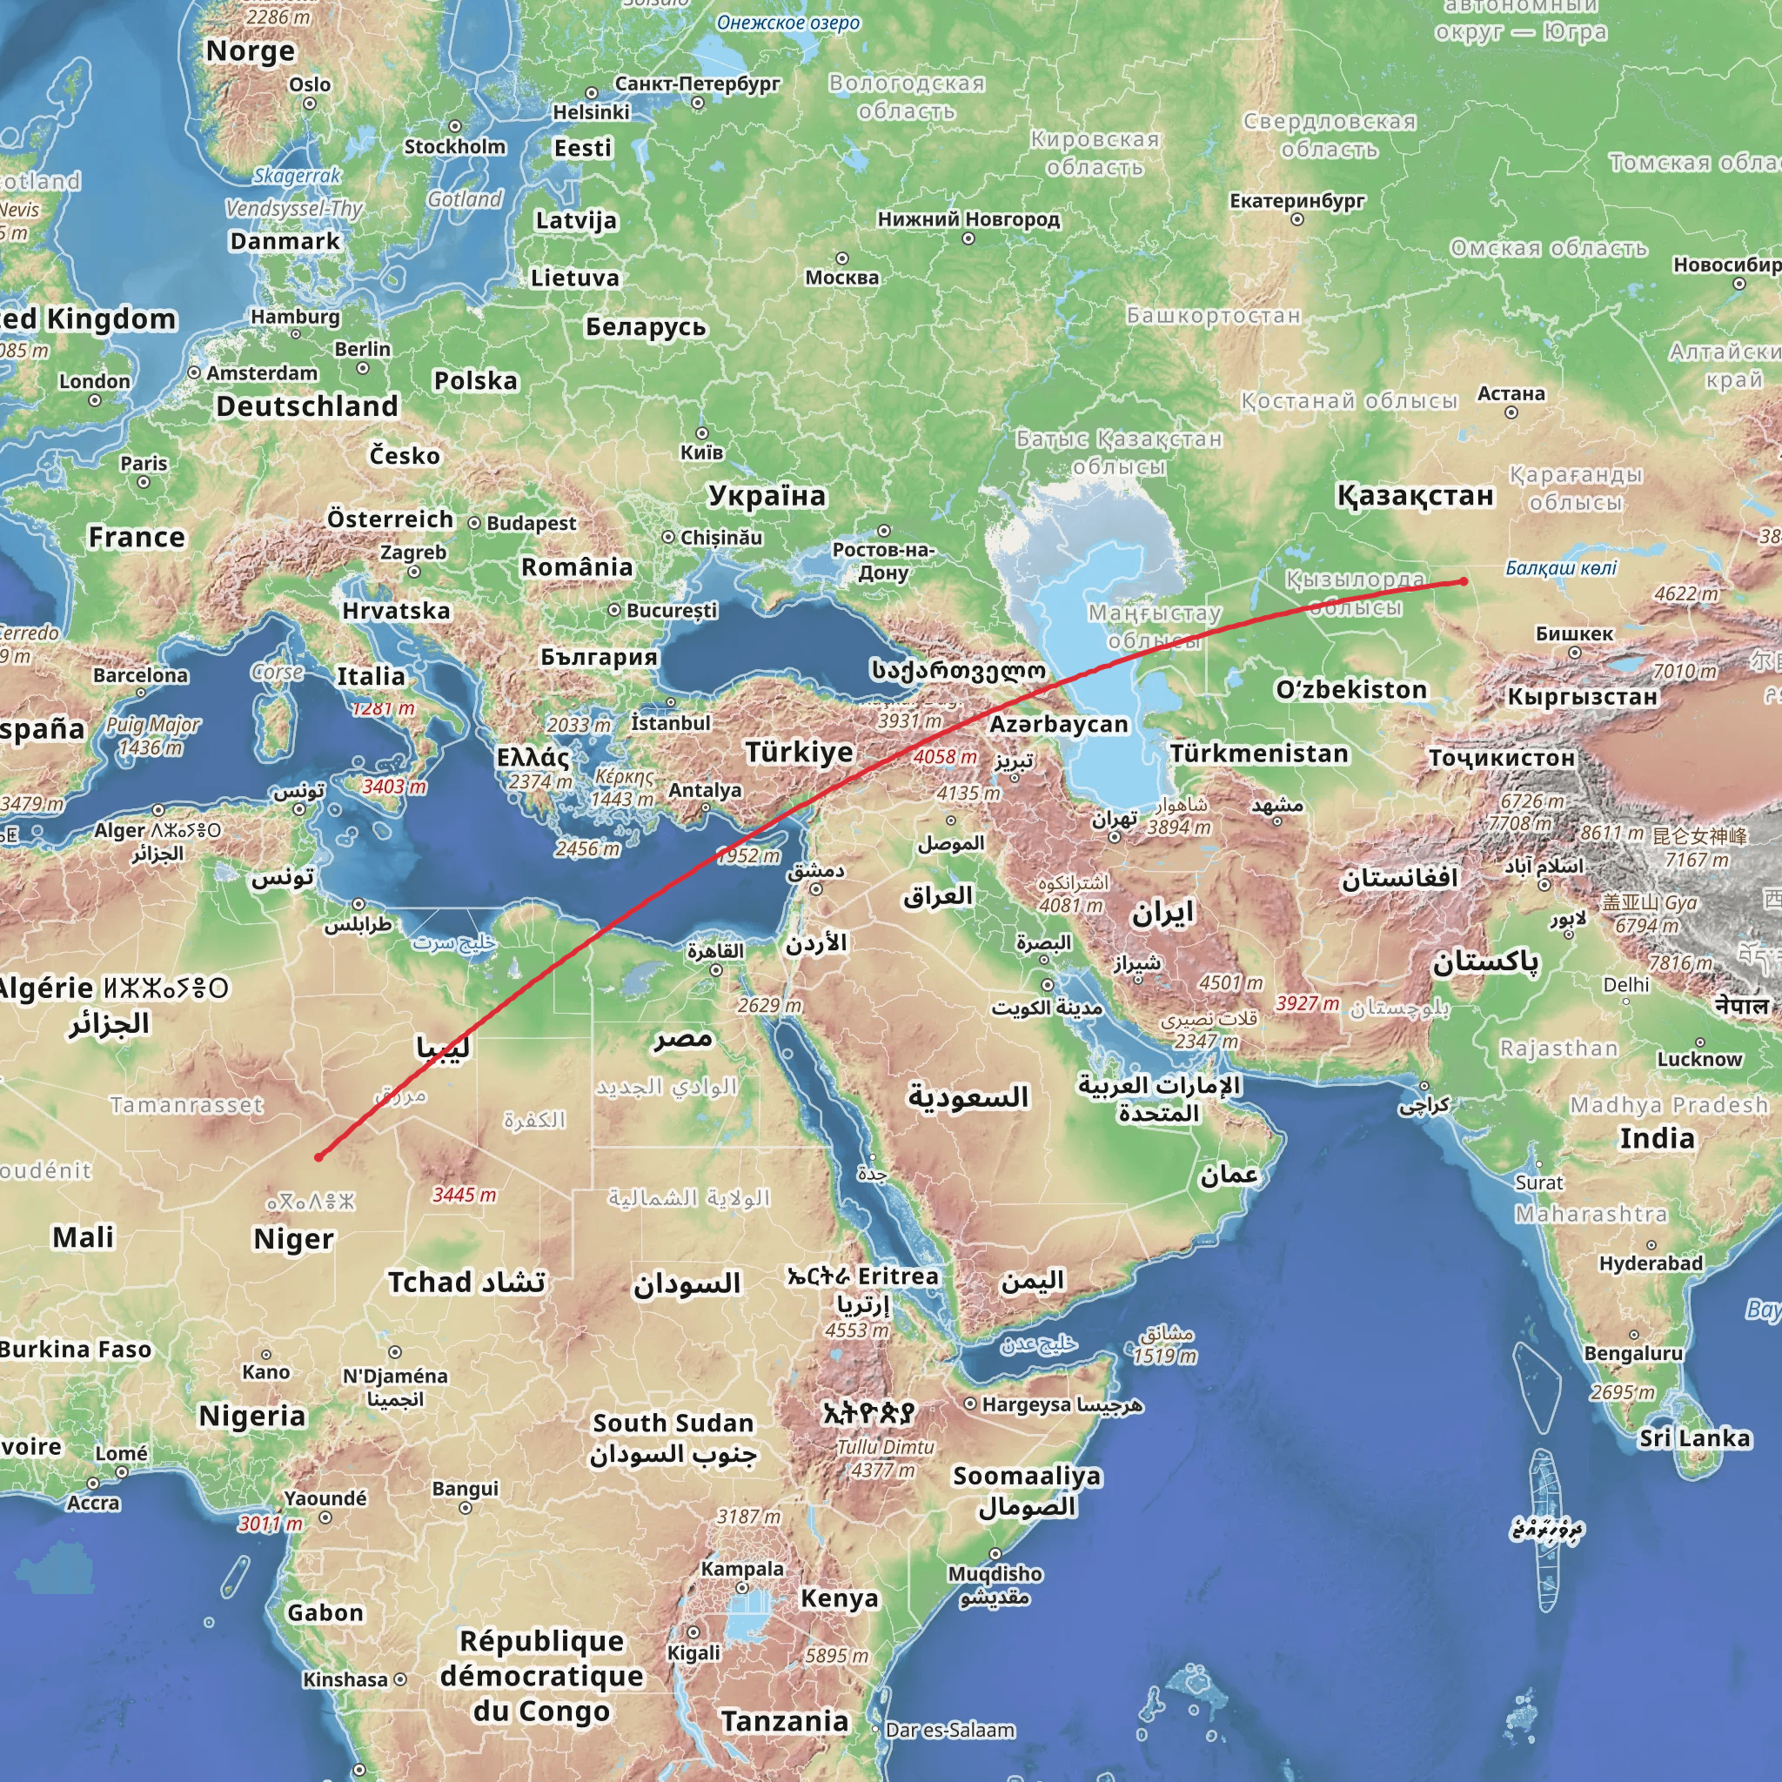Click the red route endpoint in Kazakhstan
coord(1464,581)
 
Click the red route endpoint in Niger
coord(318,1156)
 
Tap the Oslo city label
coord(310,85)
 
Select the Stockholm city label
coord(455,147)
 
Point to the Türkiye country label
coord(799,752)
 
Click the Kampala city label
coord(741,1569)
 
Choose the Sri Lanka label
coord(1694,1438)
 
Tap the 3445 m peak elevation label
coord(464,1196)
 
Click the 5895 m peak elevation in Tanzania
coord(836,1656)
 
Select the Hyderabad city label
coord(1651,1263)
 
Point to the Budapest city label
coord(532,523)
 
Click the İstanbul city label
coord(671,723)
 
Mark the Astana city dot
coord(1511,412)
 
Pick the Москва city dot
coord(841,258)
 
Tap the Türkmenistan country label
coord(1259,754)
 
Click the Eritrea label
coord(897,1276)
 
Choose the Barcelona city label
coord(140,675)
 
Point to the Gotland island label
coord(465,199)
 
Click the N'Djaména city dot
coord(395,1352)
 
